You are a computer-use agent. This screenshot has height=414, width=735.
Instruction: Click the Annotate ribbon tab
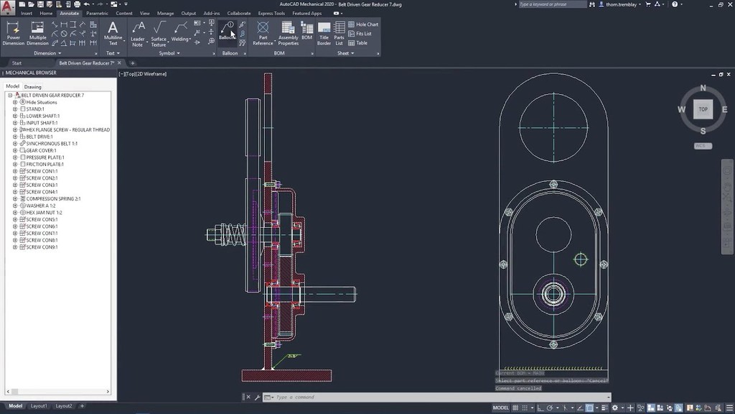pos(70,13)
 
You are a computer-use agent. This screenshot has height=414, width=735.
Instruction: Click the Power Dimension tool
pos(14,32)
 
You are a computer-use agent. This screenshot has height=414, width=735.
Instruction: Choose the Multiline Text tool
pos(113,32)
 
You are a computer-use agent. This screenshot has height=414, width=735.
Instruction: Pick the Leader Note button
pos(138,32)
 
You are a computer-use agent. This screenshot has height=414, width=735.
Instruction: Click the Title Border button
pos(324,32)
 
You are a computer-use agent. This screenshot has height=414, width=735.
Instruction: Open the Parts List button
pos(340,32)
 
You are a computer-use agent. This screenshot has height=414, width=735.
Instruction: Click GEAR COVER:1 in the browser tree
pos(41,150)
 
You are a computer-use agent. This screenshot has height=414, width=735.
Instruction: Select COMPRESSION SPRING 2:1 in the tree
pos(54,199)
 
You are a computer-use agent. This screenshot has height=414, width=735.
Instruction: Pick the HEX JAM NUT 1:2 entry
pos(45,213)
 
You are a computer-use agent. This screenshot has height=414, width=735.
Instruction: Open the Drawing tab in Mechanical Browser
pos(33,86)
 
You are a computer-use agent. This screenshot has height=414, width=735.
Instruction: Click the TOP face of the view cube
pos(703,109)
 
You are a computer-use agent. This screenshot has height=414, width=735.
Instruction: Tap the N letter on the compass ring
pos(703,88)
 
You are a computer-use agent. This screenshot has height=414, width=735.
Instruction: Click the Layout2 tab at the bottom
pos(64,406)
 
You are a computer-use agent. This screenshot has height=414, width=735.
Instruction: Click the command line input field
pos(431,397)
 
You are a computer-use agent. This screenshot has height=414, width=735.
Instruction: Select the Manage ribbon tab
pos(165,13)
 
